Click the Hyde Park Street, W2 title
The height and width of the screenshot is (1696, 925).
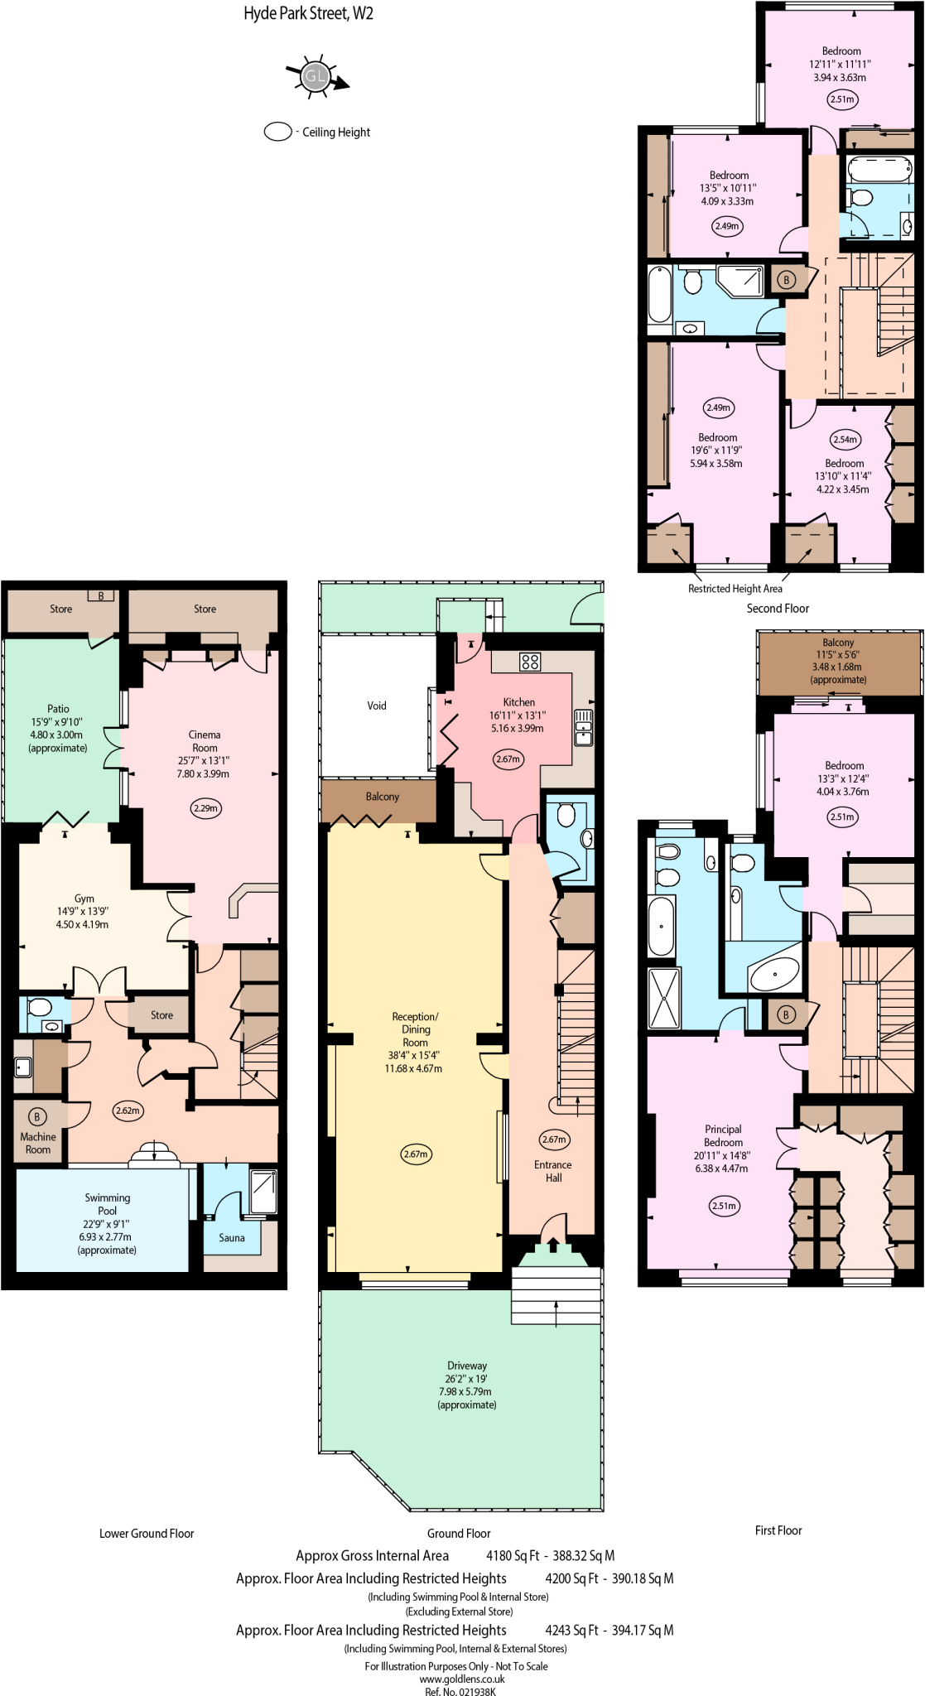pyautogui.click(x=308, y=13)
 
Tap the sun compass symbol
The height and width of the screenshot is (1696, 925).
pyautogui.click(x=316, y=78)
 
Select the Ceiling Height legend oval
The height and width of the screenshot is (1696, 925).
pyautogui.click(x=277, y=132)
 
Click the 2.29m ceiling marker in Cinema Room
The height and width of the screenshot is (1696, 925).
pyautogui.click(x=205, y=807)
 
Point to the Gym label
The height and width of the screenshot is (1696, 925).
pyautogui.click(x=84, y=899)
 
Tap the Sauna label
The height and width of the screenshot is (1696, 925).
pyautogui.click(x=232, y=1238)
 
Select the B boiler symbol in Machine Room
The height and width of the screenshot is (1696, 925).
pyautogui.click(x=36, y=1117)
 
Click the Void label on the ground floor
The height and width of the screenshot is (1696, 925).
pyautogui.click(x=377, y=706)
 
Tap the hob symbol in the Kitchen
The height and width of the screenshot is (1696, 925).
pyautogui.click(x=530, y=662)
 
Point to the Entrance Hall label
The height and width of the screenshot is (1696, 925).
pyautogui.click(x=553, y=1171)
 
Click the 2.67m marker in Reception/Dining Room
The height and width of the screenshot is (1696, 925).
pyautogui.click(x=416, y=1154)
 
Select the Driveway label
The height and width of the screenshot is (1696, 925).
pyautogui.click(x=467, y=1366)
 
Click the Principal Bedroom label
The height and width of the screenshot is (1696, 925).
pyautogui.click(x=723, y=1135)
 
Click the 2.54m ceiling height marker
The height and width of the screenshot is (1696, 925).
pyautogui.click(x=845, y=440)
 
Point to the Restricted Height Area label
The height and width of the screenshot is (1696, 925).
pyautogui.click(x=735, y=589)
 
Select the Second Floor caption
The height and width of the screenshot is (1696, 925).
pyautogui.click(x=778, y=609)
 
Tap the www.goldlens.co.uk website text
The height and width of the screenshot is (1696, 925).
pyautogui.click(x=462, y=1679)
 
